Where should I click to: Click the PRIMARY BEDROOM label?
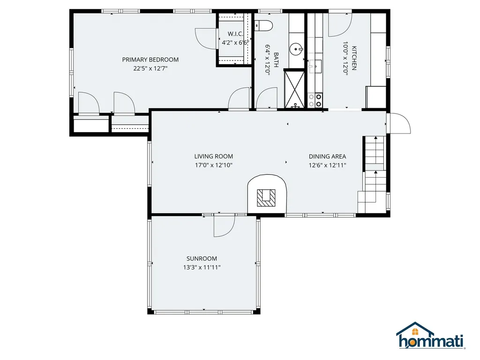pos(150,60)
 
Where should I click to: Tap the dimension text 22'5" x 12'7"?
pos(150,68)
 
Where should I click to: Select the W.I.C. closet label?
pos(235,34)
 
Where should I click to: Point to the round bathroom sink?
pos(296,48)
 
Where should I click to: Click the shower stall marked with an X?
pos(295,88)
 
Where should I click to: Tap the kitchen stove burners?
pos(315,100)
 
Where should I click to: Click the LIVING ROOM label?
pos(213,157)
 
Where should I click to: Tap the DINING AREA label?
pos(327,157)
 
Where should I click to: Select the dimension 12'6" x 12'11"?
pos(327,165)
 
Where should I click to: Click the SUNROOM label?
pos(202,259)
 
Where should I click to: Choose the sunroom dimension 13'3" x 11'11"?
pos(202,268)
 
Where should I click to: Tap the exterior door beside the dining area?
pos(398,123)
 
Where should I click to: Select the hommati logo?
pos(430,336)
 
